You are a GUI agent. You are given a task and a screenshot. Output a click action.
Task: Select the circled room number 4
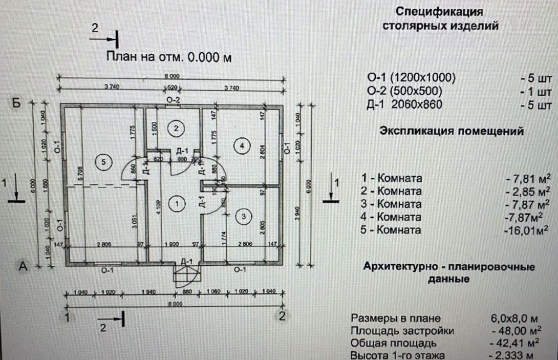242,146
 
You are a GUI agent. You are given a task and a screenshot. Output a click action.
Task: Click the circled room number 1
177,204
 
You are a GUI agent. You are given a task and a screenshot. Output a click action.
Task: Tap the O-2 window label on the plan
173,99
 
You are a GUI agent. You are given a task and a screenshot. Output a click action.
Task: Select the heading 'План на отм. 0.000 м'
168,57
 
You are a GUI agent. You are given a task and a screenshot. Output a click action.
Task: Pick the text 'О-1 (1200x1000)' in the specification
411,78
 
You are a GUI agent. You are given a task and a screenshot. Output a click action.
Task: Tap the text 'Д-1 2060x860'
404,105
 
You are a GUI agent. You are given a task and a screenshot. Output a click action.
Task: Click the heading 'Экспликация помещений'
452,131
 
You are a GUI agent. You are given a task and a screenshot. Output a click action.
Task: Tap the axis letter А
23,266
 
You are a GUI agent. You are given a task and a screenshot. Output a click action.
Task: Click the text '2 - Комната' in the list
392,192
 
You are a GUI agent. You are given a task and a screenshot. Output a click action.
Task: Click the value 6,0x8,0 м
513,319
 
